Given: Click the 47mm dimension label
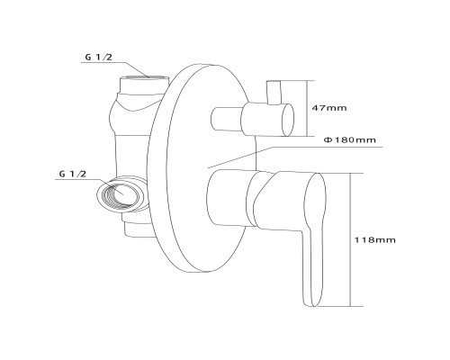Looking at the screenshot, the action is (x=329, y=108).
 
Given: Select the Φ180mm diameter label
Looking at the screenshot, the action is (x=350, y=139).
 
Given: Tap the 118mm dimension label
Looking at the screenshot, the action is (x=375, y=240).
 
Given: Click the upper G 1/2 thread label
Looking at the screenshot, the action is (x=98, y=57).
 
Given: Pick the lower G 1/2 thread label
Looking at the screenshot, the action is (x=73, y=174).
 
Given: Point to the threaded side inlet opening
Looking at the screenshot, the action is (x=119, y=194).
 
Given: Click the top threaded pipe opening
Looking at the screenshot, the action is (x=145, y=77).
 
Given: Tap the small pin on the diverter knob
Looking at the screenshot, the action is (x=274, y=93).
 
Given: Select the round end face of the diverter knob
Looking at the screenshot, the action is (x=288, y=120).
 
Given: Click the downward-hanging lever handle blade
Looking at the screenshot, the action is (x=313, y=240).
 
